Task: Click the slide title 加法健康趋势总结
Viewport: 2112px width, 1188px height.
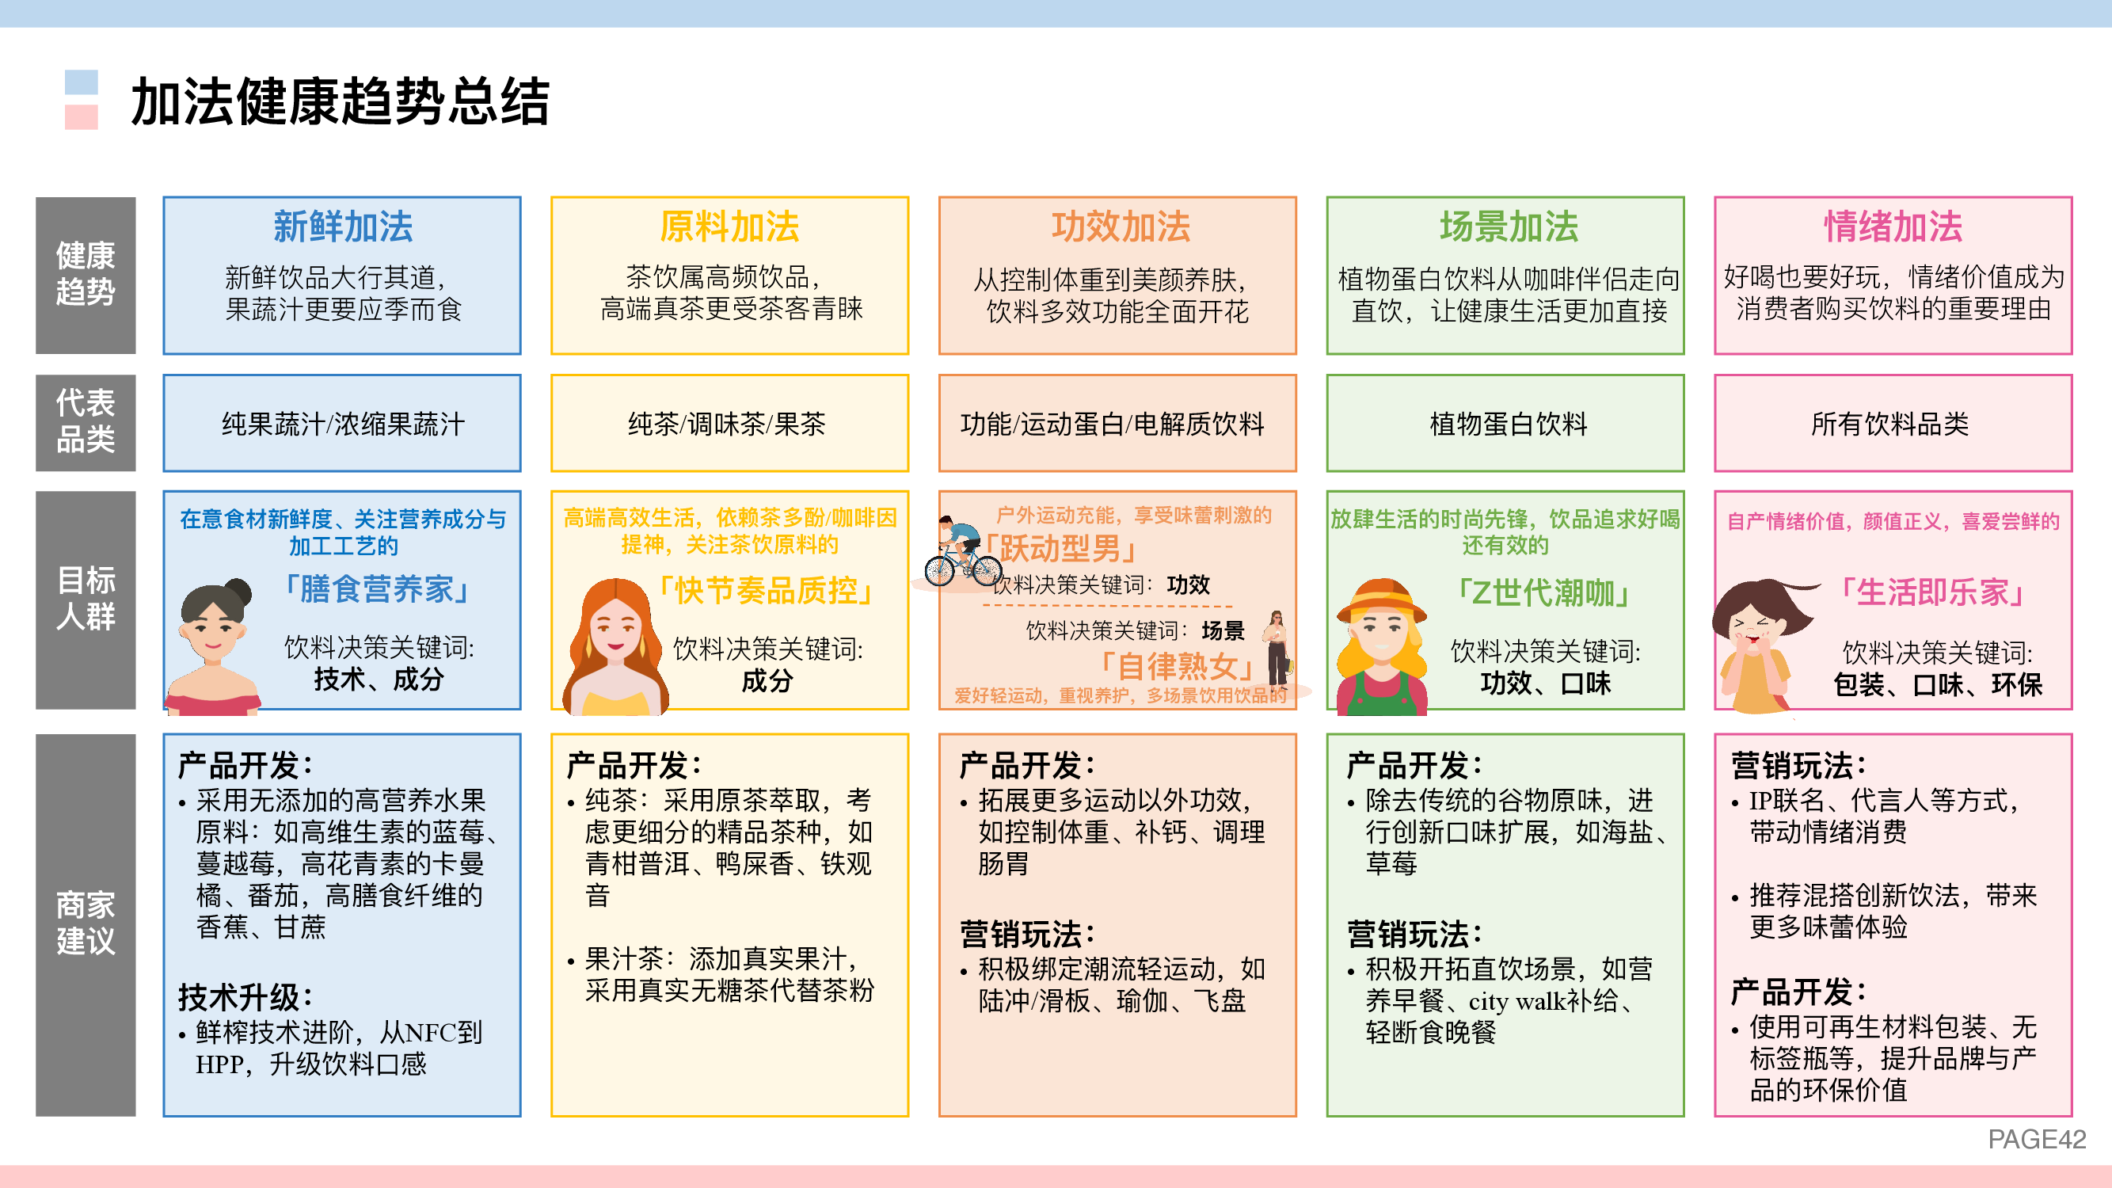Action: (x=341, y=101)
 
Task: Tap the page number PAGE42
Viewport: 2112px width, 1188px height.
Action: (x=2037, y=1139)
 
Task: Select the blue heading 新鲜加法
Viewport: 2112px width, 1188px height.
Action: (x=343, y=227)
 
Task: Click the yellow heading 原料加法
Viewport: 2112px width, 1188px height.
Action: (x=729, y=227)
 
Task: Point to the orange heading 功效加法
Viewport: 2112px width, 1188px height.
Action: (x=1120, y=227)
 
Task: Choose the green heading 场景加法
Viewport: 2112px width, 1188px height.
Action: (x=1509, y=227)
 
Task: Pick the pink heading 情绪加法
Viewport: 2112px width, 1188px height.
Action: (x=1893, y=227)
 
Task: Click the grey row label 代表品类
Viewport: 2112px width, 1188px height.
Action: (x=86, y=421)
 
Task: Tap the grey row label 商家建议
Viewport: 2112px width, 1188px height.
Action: (x=86, y=924)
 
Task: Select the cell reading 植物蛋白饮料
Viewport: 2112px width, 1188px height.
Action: (x=1509, y=424)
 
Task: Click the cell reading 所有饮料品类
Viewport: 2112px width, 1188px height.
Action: (x=1889, y=424)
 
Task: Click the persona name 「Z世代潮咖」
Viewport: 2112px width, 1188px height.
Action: (x=1542, y=592)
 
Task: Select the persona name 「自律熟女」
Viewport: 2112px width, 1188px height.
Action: (x=1174, y=666)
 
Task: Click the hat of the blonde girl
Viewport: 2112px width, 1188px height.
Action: (x=1382, y=600)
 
